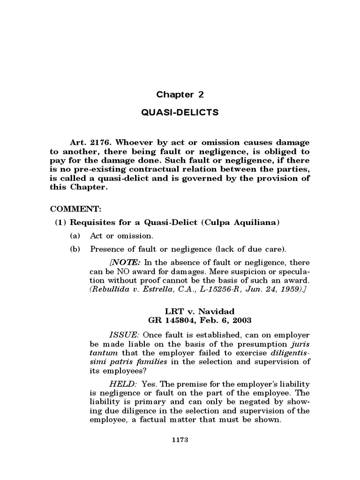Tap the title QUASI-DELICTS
coord(180,112)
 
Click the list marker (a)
coord(75,236)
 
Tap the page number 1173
coord(180,441)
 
